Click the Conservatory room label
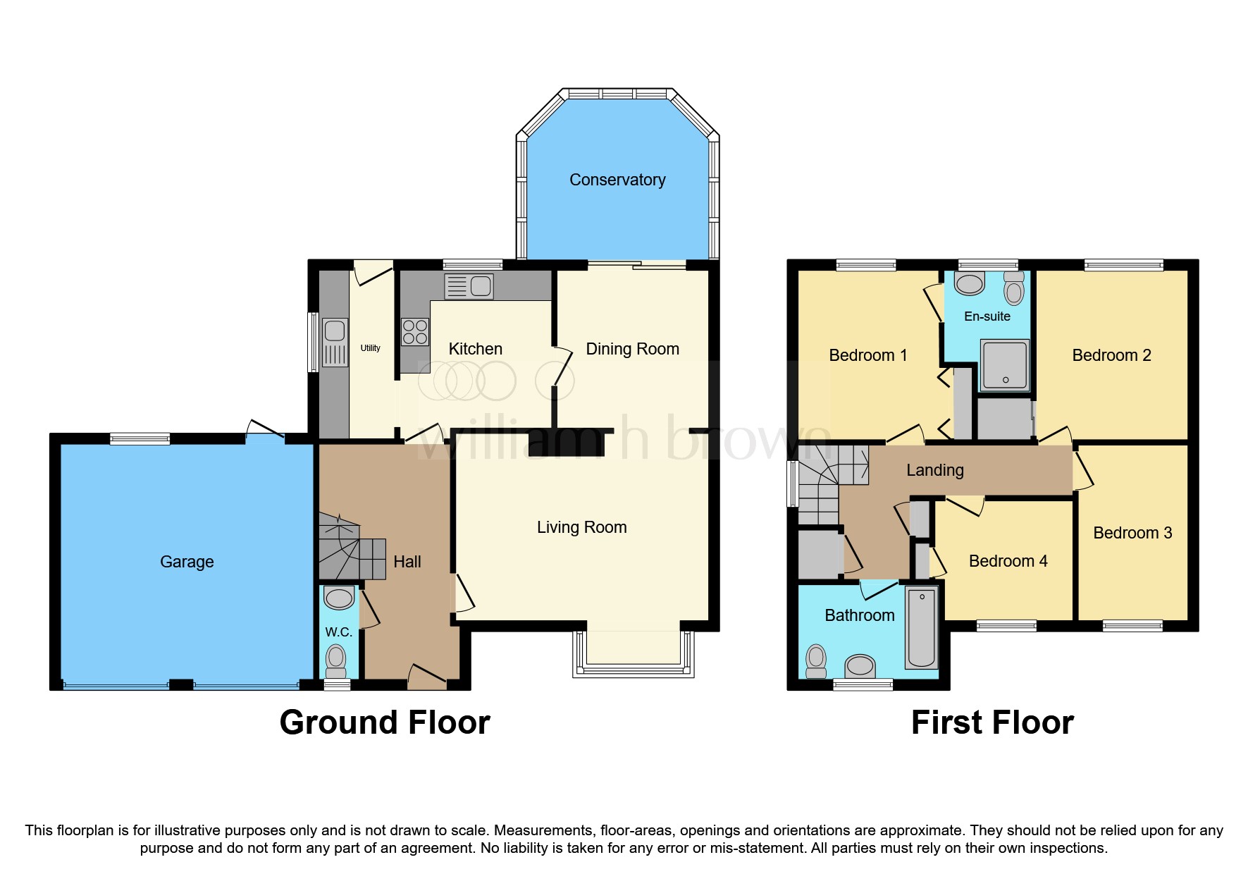[617, 180]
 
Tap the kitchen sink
[469, 286]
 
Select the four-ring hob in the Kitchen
[415, 332]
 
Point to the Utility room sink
[335, 342]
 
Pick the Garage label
[187, 562]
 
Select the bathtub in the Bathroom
[922, 628]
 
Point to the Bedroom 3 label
[1132, 533]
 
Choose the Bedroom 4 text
[1008, 561]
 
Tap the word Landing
[934, 470]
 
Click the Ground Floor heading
[384, 722]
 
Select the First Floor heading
[992, 722]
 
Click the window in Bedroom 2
[1123, 266]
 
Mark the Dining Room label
[632, 349]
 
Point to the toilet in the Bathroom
[816, 660]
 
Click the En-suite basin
[970, 283]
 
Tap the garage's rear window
[140, 439]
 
